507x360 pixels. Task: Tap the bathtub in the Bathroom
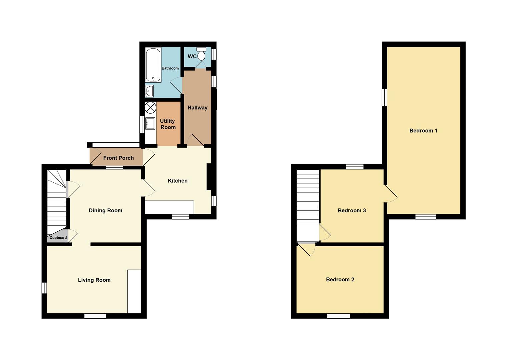[153, 65]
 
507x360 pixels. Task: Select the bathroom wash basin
[149, 91]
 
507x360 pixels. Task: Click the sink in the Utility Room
[150, 124]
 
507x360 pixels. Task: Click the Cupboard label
[58, 238]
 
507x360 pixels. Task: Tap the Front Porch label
[118, 158]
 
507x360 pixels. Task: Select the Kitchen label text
[178, 181]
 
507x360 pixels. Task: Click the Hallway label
[197, 108]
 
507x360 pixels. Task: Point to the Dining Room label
[105, 211]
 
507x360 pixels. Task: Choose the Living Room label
[94, 280]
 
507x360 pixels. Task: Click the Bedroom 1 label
[423, 131]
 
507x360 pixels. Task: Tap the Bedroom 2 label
[340, 279]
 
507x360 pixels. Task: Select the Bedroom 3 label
[352, 210]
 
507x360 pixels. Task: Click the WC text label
[192, 56]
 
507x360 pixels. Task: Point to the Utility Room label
[168, 124]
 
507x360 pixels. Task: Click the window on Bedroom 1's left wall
[384, 97]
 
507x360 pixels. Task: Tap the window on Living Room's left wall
[44, 288]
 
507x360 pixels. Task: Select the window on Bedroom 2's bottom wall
[339, 316]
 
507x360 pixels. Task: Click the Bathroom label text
[170, 68]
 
